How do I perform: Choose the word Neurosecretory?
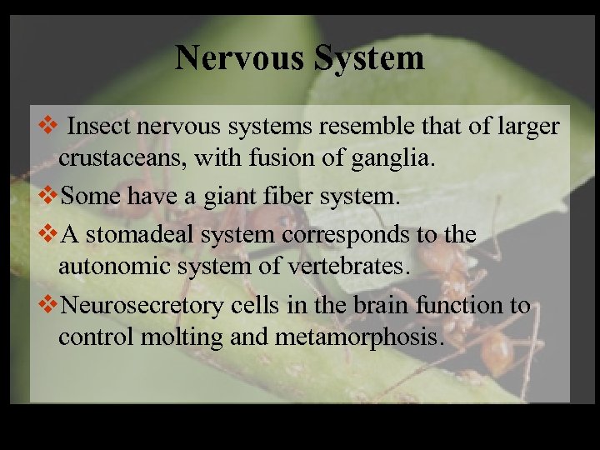click(x=142, y=306)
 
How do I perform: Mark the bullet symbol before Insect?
click(x=47, y=127)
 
